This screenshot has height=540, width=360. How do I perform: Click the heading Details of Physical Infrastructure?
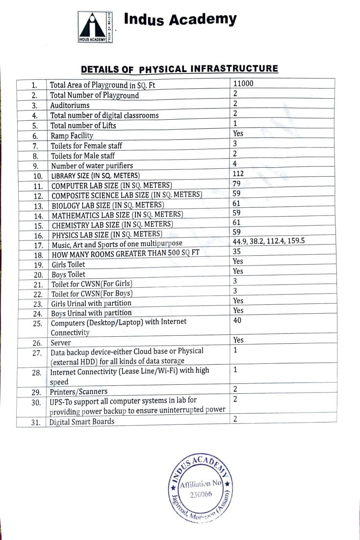179,69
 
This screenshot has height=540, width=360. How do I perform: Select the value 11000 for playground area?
243,83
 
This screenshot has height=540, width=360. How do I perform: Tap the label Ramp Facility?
72,135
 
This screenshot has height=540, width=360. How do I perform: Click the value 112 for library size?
238,173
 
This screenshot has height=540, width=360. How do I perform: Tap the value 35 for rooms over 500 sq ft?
237,251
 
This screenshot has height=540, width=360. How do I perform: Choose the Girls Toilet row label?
68,264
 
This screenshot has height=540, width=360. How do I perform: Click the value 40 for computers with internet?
238,321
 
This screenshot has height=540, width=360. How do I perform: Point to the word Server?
61,343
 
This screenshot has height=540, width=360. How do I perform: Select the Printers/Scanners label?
78,392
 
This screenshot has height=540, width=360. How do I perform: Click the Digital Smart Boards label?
82,421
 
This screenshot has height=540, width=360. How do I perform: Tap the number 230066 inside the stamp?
201,494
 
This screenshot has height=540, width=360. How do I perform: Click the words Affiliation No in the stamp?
201,485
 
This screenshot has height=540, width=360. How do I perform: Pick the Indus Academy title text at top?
180,20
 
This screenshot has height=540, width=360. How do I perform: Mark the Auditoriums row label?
70,106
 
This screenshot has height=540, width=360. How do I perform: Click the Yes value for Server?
238,340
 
